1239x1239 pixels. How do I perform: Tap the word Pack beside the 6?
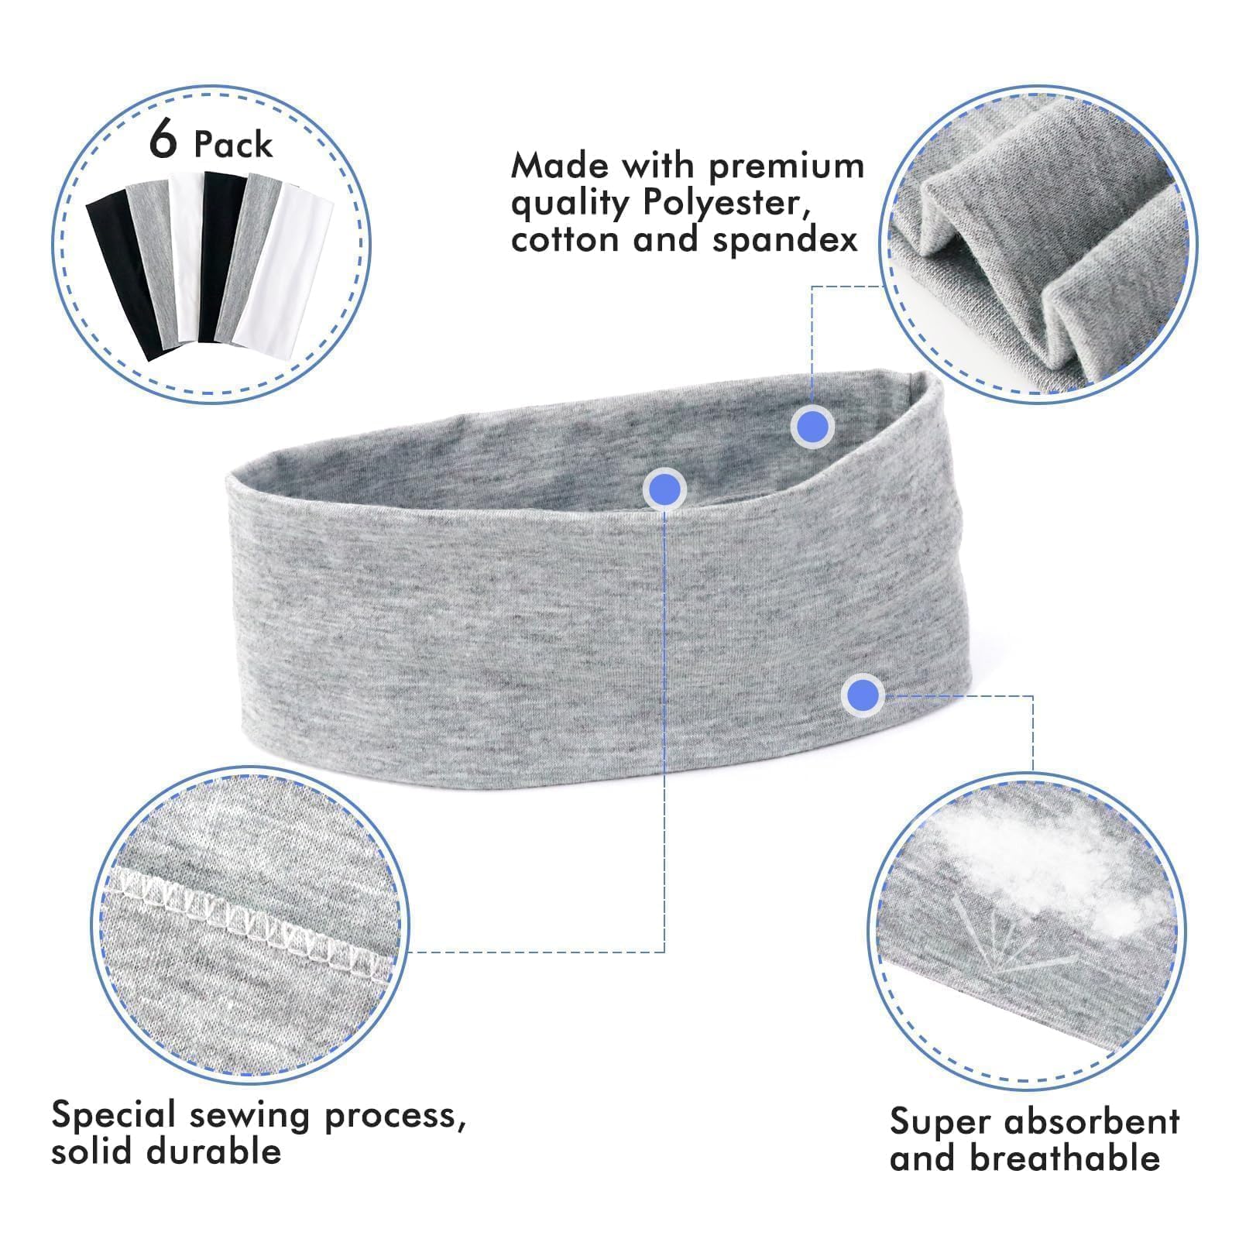233,145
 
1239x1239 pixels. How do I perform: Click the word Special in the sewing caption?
115,1116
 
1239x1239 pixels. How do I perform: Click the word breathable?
1064,1158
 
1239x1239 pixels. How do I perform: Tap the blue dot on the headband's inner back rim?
812,426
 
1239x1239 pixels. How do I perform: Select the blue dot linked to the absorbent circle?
863,694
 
